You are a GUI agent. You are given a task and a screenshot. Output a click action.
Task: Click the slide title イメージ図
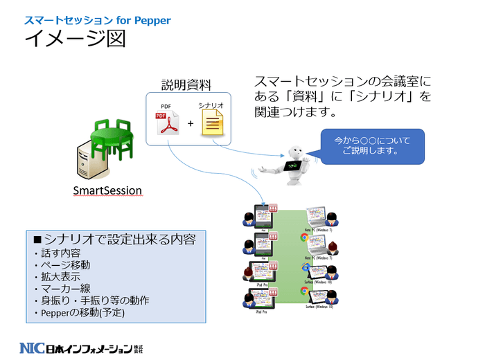[x=75, y=39]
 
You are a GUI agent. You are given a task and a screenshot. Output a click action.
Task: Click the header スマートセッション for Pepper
[x=97, y=20]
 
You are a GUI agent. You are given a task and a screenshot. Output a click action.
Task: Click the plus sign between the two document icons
[x=190, y=125]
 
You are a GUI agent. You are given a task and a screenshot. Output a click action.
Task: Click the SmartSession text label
[x=107, y=190]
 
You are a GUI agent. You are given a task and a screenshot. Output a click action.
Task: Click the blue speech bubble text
[x=371, y=145]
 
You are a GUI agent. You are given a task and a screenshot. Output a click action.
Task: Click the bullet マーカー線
[x=62, y=288]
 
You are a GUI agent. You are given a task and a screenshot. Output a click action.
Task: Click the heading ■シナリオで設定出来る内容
[x=114, y=239]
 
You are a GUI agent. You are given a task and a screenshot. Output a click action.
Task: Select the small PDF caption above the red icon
[x=166, y=106]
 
